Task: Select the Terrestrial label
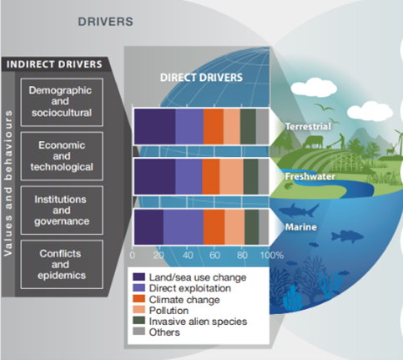(x=308, y=126)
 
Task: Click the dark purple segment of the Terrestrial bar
(x=154, y=125)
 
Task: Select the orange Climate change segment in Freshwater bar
(x=210, y=176)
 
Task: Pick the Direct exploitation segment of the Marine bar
(x=183, y=226)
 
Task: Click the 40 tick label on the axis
(x=187, y=254)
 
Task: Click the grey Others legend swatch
(x=139, y=332)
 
